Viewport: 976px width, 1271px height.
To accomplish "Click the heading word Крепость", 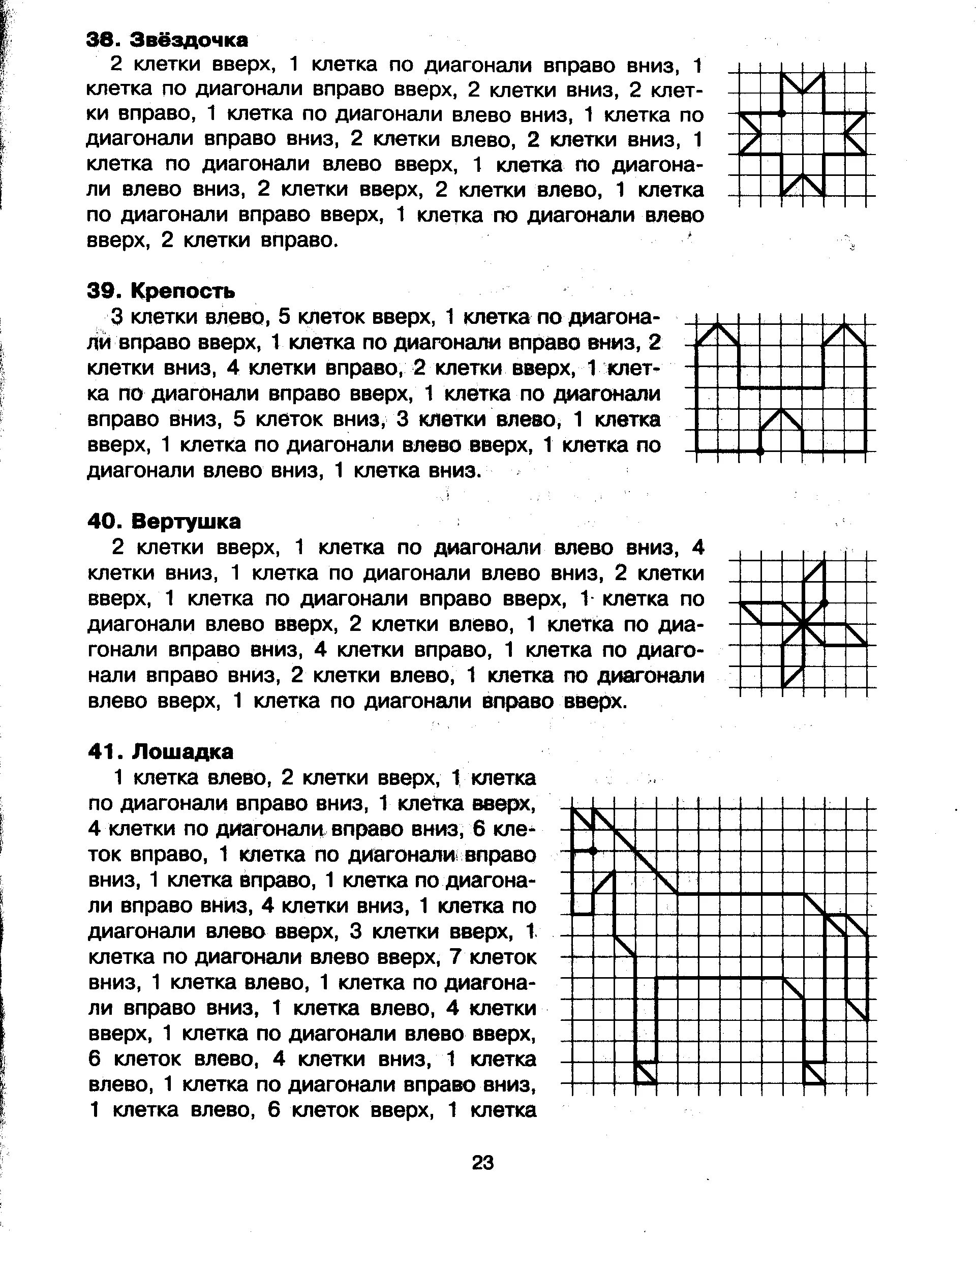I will [x=183, y=290].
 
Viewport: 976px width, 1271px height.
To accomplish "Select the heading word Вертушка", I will [x=186, y=522].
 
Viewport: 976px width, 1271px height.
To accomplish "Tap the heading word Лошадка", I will [x=183, y=752].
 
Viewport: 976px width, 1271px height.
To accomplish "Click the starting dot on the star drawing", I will [x=781, y=113].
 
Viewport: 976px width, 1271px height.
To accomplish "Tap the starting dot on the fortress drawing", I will [x=760, y=451].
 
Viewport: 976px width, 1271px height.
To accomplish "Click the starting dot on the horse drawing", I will [x=593, y=851].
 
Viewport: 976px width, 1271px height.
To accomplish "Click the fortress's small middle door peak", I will [x=781, y=410].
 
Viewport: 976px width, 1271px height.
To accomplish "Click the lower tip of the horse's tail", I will [x=867, y=1019].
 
